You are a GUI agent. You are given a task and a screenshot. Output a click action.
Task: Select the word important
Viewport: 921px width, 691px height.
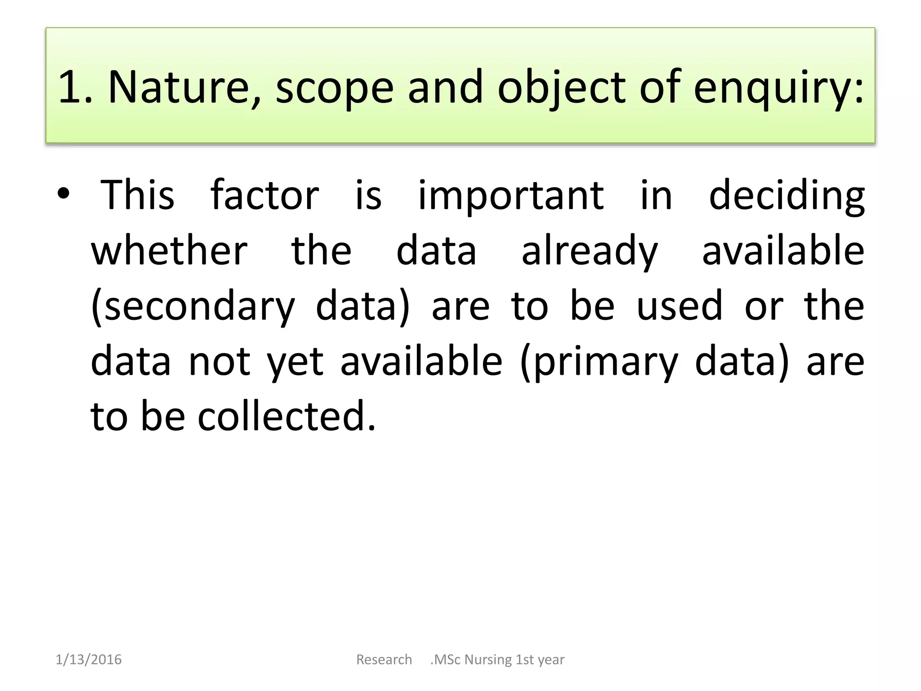pos(510,196)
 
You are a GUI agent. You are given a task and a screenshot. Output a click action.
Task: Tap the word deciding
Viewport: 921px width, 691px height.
pos(787,196)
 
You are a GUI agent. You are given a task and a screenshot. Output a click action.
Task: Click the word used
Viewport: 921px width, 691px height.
pos(679,306)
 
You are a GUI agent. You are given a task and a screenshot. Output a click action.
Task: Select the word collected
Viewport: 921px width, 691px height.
pos(286,416)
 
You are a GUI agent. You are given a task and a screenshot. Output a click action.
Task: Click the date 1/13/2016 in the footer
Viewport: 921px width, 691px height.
pos(89,660)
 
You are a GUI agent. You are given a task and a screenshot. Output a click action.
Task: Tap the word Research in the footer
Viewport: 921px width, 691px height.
pos(384,660)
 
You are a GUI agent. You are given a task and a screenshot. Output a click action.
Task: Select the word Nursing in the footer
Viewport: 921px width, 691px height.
pos(488,660)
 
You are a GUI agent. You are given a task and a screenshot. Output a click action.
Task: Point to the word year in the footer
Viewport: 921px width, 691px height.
pos(551,660)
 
